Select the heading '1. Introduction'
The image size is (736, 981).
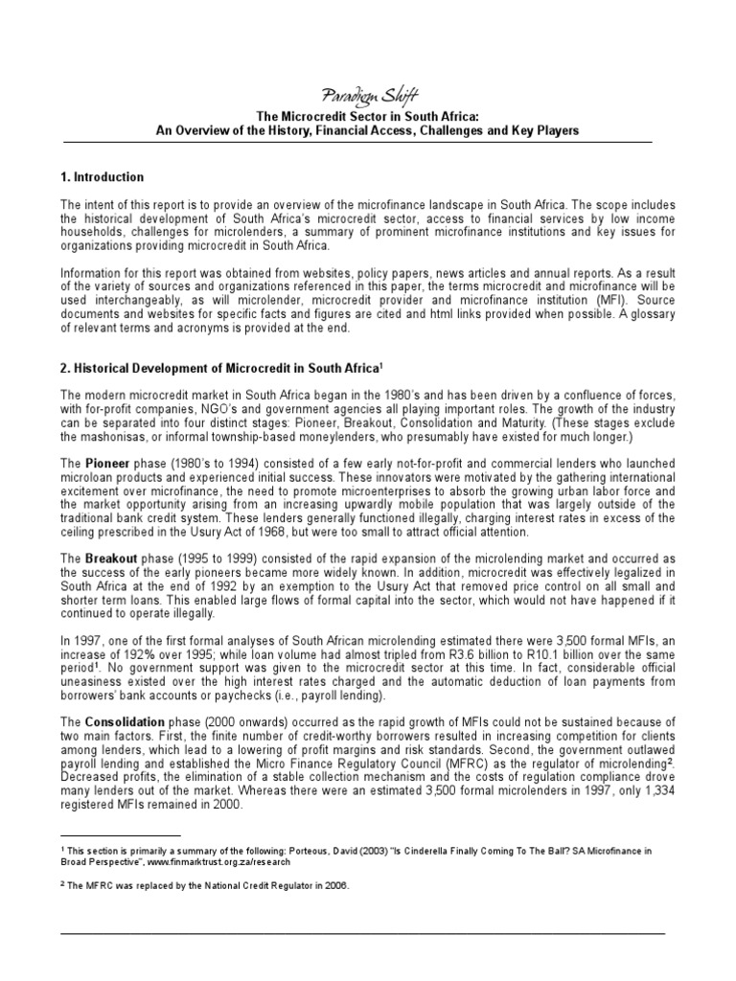click(x=102, y=177)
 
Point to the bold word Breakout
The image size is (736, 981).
click(x=112, y=559)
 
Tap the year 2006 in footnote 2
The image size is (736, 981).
click(x=333, y=885)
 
